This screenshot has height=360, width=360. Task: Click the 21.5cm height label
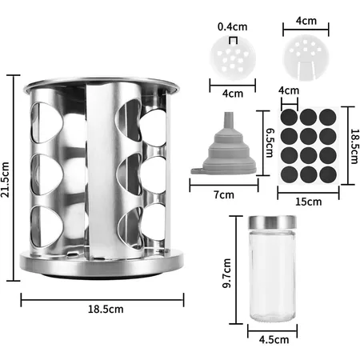(5, 179)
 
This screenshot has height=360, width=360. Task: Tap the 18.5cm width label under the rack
(106, 310)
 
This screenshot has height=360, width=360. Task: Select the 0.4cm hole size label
(232, 26)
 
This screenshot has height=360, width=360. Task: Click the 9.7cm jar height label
(227, 273)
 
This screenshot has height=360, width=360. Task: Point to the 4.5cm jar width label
(274, 340)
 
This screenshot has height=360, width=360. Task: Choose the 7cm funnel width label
(224, 195)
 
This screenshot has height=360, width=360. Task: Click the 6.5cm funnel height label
(270, 142)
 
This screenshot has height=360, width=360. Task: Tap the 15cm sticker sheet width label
(308, 202)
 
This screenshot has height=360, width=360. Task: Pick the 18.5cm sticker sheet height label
(354, 146)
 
